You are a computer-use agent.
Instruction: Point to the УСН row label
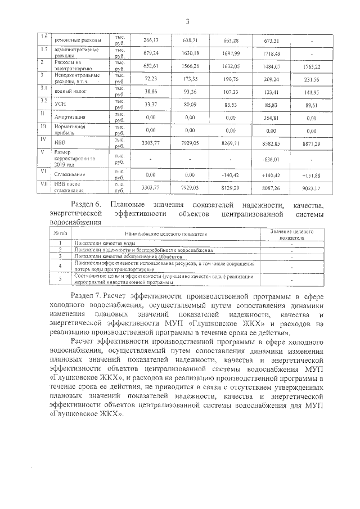61,104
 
